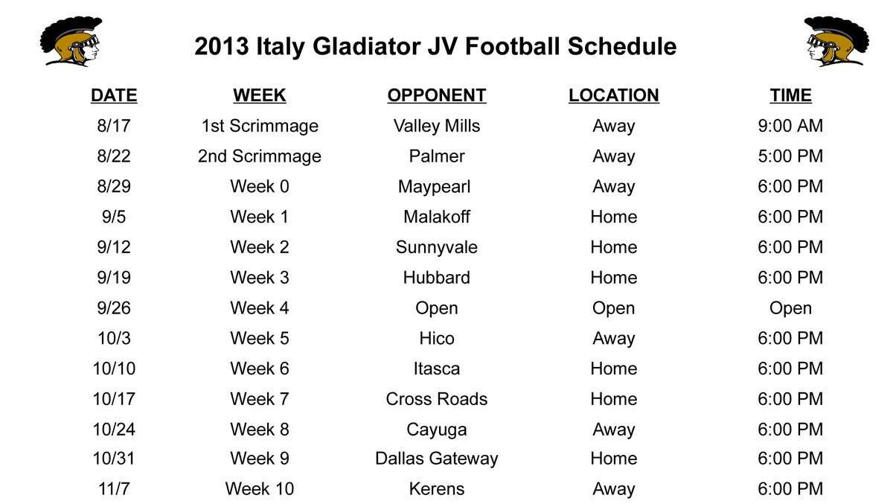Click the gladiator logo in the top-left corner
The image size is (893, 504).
click(71, 42)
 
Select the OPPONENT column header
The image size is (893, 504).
click(436, 95)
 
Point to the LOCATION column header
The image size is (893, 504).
click(613, 95)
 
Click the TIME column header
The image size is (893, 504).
click(790, 95)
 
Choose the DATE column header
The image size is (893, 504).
click(114, 95)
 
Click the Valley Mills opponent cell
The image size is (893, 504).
click(436, 126)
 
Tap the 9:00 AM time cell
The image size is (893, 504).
click(790, 126)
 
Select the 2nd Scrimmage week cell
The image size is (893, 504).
click(259, 156)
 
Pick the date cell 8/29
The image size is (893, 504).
click(114, 186)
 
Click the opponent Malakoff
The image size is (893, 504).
click(436, 217)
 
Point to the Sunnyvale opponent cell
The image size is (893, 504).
click(436, 247)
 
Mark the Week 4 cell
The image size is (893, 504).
click(259, 307)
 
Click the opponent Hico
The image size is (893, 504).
click(436, 338)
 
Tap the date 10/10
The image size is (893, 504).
click(114, 369)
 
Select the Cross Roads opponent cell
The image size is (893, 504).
click(436, 399)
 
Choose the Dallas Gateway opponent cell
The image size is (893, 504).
click(436, 459)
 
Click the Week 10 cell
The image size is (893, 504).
click(259, 489)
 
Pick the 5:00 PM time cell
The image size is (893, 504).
click(790, 156)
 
